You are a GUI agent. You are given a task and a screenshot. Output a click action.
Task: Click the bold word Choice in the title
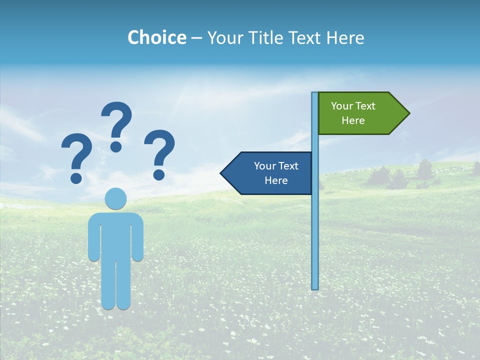tap(156, 37)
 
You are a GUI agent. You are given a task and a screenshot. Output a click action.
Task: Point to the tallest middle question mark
tap(116, 122)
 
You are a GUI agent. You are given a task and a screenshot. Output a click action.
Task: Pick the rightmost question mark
tap(160, 152)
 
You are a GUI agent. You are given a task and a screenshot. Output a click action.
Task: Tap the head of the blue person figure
tap(115, 198)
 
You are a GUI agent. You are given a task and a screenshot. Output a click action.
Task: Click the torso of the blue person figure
tap(115, 235)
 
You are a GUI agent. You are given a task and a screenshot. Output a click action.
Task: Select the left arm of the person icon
tap(93, 240)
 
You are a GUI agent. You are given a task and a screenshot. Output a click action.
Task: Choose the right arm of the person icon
tap(138, 240)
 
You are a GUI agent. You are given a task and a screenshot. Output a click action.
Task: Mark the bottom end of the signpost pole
tap(315, 287)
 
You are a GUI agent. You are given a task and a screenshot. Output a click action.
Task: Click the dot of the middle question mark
tap(116, 146)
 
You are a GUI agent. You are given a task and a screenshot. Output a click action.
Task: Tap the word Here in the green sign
tap(353, 120)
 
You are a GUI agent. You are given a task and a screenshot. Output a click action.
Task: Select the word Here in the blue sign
tap(276, 180)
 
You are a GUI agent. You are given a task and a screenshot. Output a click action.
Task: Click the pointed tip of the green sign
tap(408, 113)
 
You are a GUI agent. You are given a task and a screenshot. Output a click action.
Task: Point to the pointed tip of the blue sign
tap(221, 173)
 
